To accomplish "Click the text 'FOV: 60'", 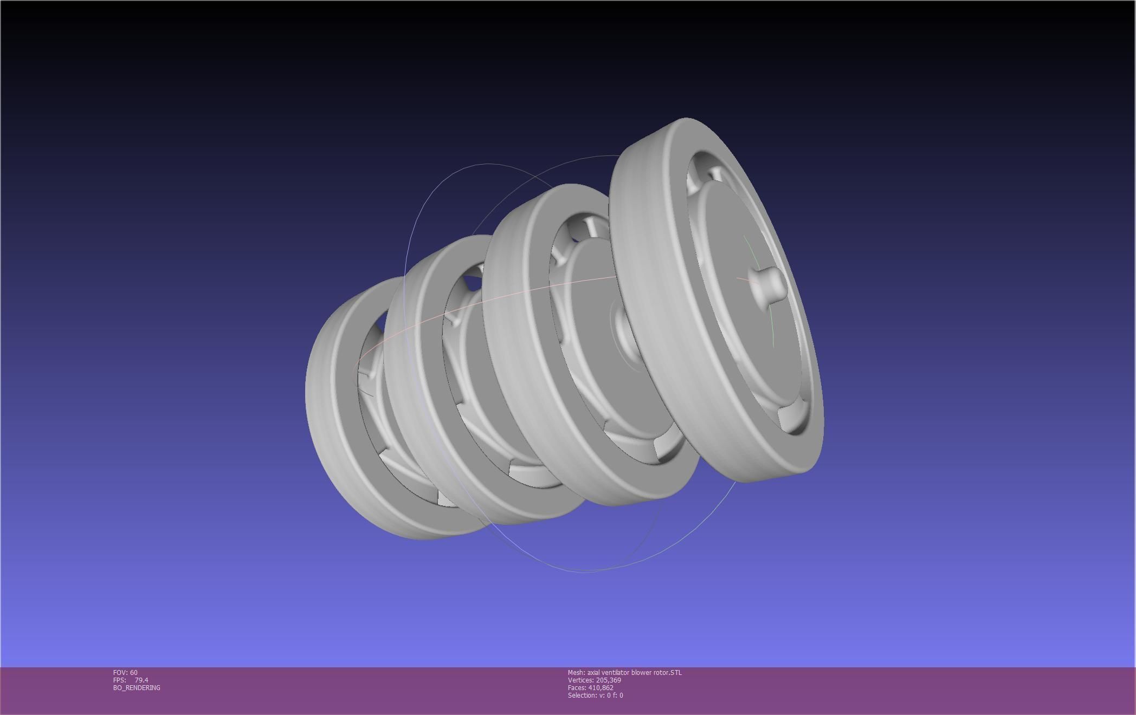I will click(x=125, y=672).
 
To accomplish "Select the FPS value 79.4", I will click(x=141, y=680).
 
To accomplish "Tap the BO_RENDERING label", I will click(x=137, y=687).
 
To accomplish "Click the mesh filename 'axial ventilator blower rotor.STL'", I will click(x=634, y=672).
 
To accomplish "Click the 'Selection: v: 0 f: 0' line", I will click(x=595, y=695).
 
